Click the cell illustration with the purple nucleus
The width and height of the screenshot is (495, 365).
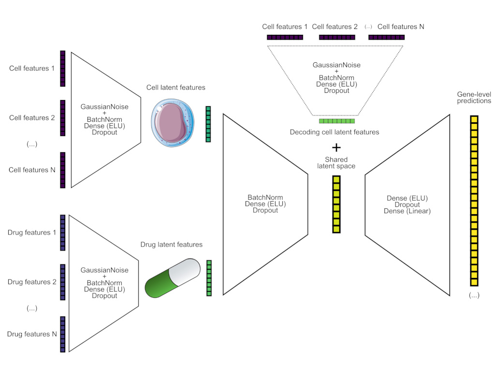click(173, 123)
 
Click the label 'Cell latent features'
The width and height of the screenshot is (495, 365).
click(176, 88)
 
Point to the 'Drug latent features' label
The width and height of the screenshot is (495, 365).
click(172, 245)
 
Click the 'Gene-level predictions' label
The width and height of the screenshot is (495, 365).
click(474, 97)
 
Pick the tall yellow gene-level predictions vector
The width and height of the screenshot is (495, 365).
click(474, 201)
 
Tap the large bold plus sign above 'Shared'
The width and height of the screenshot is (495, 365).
click(336, 147)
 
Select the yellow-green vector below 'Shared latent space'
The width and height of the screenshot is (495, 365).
click(336, 204)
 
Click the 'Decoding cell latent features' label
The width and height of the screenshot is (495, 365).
click(335, 132)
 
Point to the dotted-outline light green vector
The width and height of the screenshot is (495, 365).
click(337, 121)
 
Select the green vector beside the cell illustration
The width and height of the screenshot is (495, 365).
click(208, 124)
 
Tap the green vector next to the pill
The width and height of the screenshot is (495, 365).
click(209, 278)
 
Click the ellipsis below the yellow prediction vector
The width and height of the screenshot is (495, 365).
click(474, 295)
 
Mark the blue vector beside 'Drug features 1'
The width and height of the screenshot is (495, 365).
click(63, 233)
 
